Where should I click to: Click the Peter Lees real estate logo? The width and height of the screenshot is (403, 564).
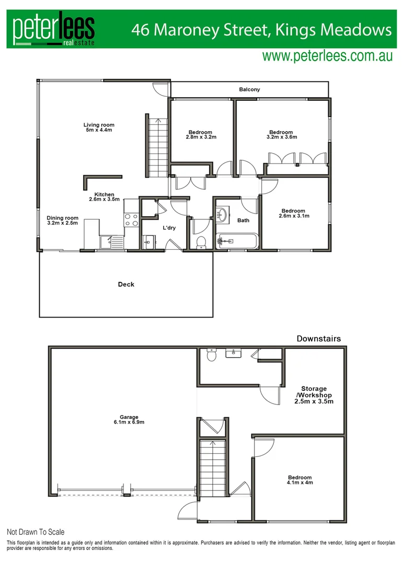pos(54,29)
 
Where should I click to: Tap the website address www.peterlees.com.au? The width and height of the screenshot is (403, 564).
pos(327,56)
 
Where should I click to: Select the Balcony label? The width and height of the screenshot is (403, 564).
pos(249,90)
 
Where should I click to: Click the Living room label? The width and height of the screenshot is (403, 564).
pos(99,127)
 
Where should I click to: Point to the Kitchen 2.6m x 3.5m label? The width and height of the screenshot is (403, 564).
pos(104,197)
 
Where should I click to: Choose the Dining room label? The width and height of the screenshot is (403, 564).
pos(62,221)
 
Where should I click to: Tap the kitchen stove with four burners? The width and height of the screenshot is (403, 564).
pos(131,220)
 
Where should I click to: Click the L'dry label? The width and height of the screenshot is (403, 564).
pos(169,228)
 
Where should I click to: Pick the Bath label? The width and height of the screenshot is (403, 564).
pos(243,220)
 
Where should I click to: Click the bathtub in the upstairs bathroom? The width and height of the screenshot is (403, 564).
pos(238,241)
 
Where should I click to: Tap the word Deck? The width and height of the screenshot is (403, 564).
pos(126,285)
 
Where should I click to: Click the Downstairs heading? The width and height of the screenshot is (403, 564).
pos(318,339)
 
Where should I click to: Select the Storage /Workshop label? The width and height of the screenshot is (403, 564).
pos(314,395)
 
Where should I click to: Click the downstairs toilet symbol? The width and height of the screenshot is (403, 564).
pos(212,355)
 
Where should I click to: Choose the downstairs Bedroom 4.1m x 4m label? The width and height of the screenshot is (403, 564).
pos(300,480)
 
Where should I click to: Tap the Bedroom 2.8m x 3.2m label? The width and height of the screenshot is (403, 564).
pos(201,135)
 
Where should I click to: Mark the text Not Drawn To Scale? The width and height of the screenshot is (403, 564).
pos(36,532)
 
